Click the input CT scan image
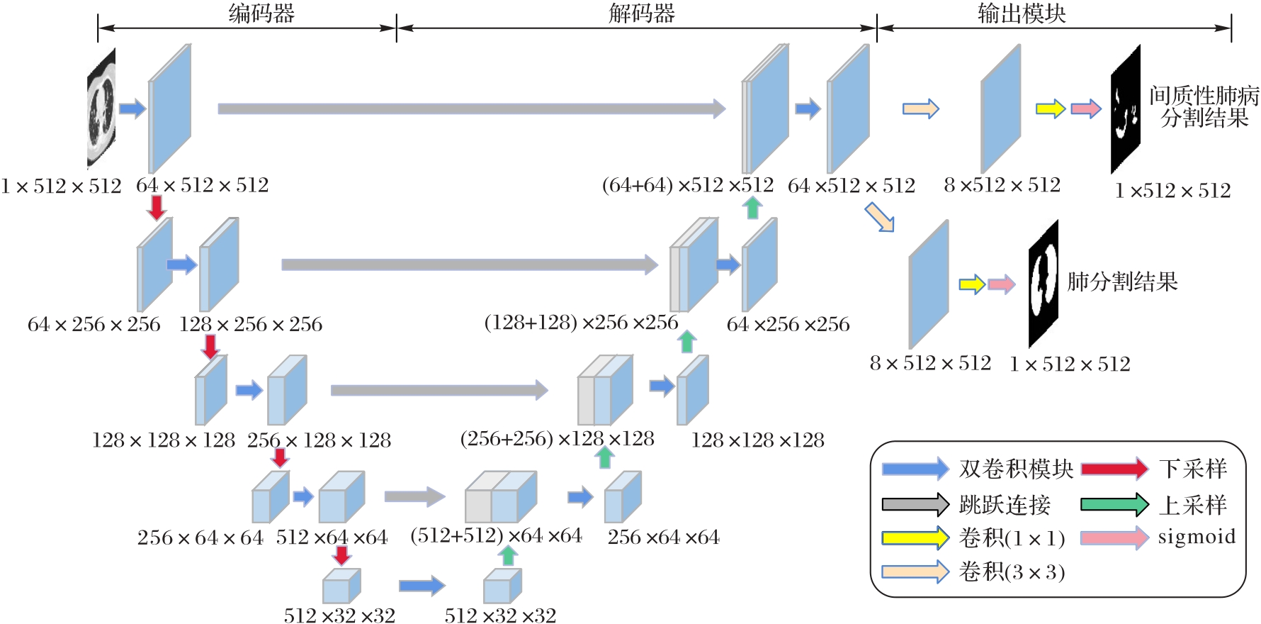click(x=101, y=108)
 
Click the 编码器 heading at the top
click(x=261, y=13)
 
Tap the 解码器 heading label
click(x=642, y=13)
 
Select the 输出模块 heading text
click(x=1022, y=13)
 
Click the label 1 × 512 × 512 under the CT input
click(x=61, y=186)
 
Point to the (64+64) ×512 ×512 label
click(x=687, y=185)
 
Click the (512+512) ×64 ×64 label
click(x=496, y=535)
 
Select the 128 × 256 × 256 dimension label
click(x=251, y=325)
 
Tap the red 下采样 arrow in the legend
click(x=1114, y=469)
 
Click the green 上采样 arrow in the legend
click(x=1114, y=504)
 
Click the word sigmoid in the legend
click(x=1197, y=537)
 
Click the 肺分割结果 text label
click(x=1122, y=282)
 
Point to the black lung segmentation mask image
click(x=1043, y=284)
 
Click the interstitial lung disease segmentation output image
click(x=1125, y=109)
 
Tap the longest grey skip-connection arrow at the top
click(x=471, y=108)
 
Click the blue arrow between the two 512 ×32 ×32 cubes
click(x=422, y=586)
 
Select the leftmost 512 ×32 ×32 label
click(x=339, y=615)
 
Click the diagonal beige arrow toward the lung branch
click(x=880, y=217)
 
